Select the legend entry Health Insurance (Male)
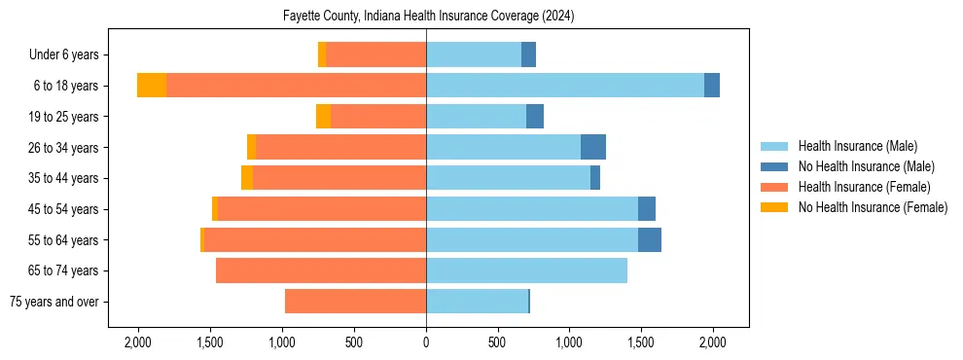(x=857, y=146)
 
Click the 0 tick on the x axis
(x=426, y=342)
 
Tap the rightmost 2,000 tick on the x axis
(x=712, y=342)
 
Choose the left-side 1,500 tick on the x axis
(x=210, y=342)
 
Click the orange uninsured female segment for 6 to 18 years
(x=152, y=86)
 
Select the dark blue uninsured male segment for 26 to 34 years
(x=593, y=147)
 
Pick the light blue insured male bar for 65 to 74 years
(x=526, y=270)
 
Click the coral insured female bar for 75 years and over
(x=355, y=302)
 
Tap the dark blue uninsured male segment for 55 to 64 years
(x=650, y=239)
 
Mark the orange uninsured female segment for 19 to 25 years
(x=323, y=117)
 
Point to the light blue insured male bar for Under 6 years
(x=474, y=55)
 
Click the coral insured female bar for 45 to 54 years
(x=322, y=209)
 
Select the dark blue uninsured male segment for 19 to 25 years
(x=535, y=117)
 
